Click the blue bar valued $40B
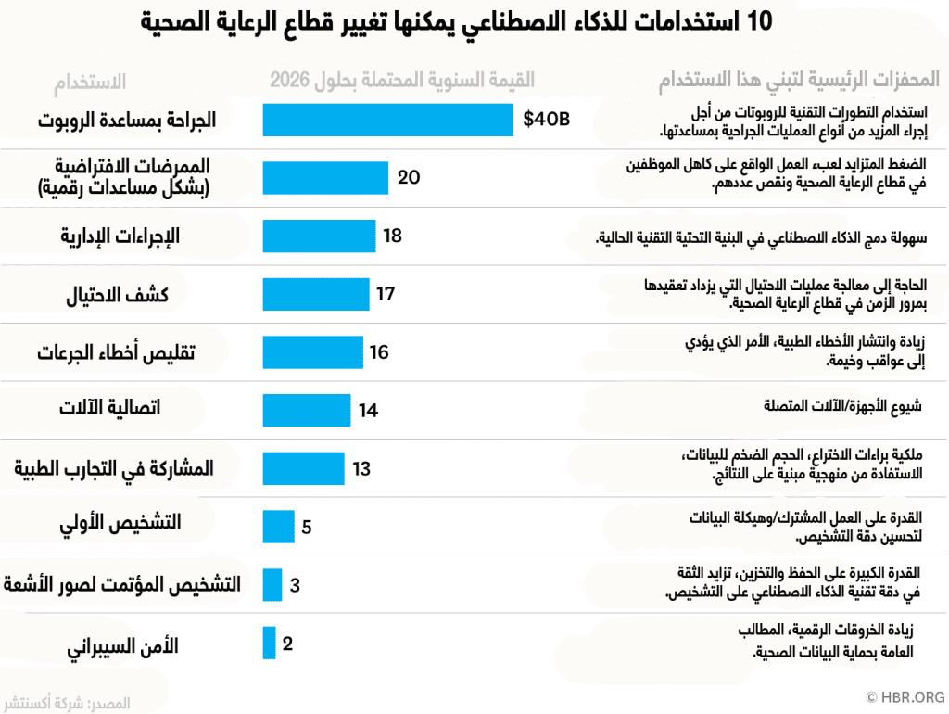(x=387, y=120)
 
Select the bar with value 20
(x=325, y=177)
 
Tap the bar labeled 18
(x=319, y=236)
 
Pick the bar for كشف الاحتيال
(x=316, y=294)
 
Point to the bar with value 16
(x=312, y=352)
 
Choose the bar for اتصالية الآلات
(x=307, y=410)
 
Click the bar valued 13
(x=303, y=468)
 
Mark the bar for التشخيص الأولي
(x=278, y=527)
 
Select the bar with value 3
(x=272, y=585)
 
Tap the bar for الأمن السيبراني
(x=270, y=643)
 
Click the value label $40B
(x=547, y=120)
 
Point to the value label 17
(x=386, y=295)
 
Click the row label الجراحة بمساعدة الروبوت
(x=127, y=120)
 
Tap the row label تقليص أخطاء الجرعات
(x=116, y=352)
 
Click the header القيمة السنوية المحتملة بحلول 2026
(x=402, y=82)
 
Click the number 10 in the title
(x=758, y=20)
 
